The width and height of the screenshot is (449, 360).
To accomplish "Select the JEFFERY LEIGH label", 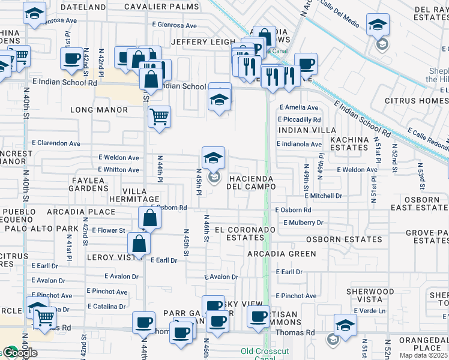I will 203,42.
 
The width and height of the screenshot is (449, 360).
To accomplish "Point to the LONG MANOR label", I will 99,110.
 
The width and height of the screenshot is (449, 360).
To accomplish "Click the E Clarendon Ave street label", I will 56,143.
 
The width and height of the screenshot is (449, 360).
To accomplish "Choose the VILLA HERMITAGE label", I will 133,194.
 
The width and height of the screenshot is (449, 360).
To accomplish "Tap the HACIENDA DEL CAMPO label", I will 250,183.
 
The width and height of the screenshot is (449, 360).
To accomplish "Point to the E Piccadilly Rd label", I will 300,119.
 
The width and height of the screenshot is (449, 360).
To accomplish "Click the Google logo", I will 19,353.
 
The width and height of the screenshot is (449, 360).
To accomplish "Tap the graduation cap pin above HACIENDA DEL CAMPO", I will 213,158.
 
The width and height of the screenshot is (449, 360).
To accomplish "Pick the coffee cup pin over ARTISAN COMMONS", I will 259,317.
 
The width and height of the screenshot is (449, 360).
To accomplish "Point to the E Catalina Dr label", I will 106,306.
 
